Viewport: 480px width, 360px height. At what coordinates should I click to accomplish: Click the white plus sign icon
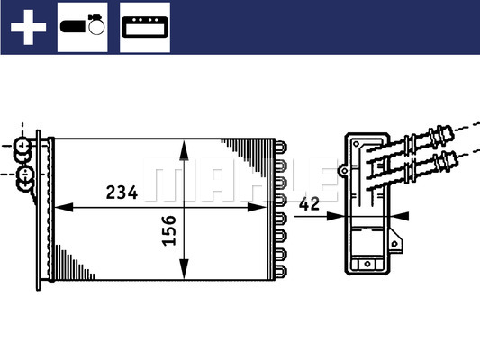click(27, 27)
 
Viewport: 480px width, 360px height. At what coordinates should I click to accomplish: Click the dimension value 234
click(122, 192)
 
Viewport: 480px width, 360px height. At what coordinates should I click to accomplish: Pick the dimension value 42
click(310, 204)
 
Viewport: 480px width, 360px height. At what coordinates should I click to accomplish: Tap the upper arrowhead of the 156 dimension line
click(184, 146)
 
